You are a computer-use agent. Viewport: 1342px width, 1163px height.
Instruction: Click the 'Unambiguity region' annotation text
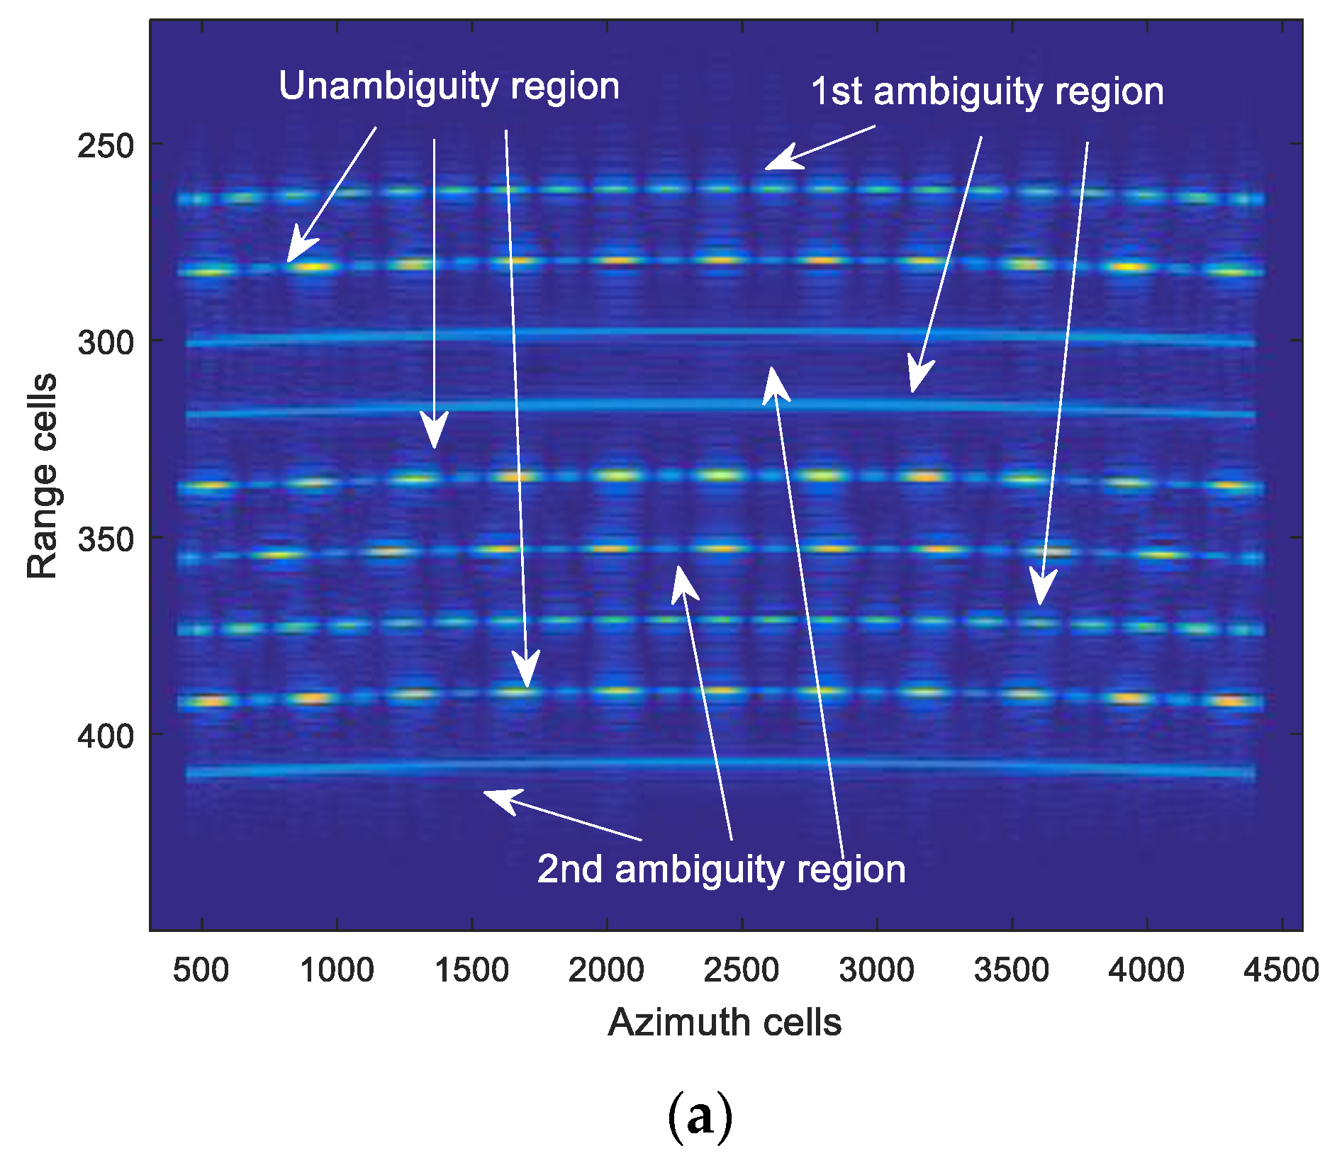(x=449, y=87)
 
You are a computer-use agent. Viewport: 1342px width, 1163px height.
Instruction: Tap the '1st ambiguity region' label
(x=987, y=92)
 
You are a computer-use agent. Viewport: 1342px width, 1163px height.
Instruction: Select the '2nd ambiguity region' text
(x=721, y=869)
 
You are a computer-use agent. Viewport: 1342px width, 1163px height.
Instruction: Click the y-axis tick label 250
(x=106, y=146)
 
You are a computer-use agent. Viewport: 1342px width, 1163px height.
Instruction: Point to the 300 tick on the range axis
(x=106, y=342)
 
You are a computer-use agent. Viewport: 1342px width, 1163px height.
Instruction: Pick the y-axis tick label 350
(x=106, y=539)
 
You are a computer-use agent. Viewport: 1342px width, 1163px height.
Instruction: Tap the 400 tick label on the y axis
(x=106, y=736)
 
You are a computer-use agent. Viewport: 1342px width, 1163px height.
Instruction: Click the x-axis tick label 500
(x=201, y=970)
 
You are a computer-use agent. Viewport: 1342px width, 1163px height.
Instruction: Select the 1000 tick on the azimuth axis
(x=337, y=970)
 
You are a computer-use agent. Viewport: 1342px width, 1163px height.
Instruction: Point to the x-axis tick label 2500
(x=742, y=970)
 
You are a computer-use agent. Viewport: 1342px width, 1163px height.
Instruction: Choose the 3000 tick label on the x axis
(x=877, y=970)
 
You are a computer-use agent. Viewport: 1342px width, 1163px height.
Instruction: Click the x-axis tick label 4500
(x=1281, y=970)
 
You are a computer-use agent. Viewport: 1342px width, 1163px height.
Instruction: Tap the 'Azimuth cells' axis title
(x=725, y=1023)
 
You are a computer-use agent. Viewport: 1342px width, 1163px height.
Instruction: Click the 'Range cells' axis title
(x=43, y=476)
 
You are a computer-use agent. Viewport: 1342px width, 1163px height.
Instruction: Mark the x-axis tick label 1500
(x=471, y=970)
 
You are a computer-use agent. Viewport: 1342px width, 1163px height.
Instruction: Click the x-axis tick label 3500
(x=1012, y=970)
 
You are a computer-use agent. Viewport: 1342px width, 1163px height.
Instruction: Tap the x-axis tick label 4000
(x=1146, y=970)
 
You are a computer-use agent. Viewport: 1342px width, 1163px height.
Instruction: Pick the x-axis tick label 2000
(x=606, y=970)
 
